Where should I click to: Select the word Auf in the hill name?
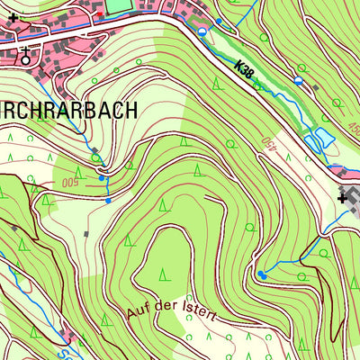138,310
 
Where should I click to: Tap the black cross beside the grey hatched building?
343,197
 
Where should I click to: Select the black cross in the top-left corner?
13,17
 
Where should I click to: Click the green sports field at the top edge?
120,5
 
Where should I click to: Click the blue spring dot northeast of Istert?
261,274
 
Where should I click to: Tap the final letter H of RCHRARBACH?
131,111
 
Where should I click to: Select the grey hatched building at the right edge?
354,207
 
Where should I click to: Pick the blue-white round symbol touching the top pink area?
202,31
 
